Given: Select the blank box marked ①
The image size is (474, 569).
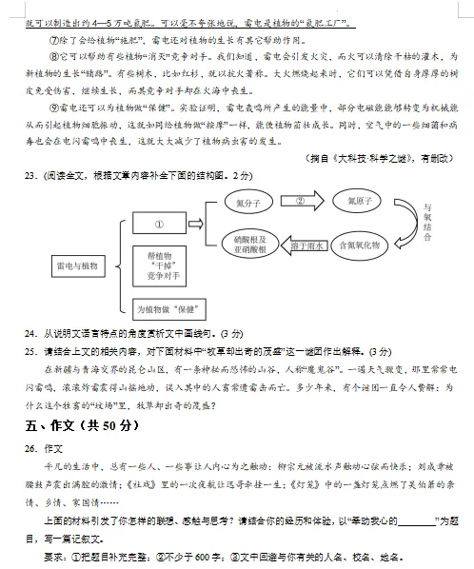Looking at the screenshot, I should click(x=159, y=225).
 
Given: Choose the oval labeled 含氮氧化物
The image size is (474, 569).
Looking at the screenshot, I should click(x=359, y=245).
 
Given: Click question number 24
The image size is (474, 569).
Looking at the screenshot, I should click(x=32, y=334).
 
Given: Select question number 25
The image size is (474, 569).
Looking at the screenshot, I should click(x=32, y=351).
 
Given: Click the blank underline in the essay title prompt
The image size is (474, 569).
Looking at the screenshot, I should click(x=416, y=520).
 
